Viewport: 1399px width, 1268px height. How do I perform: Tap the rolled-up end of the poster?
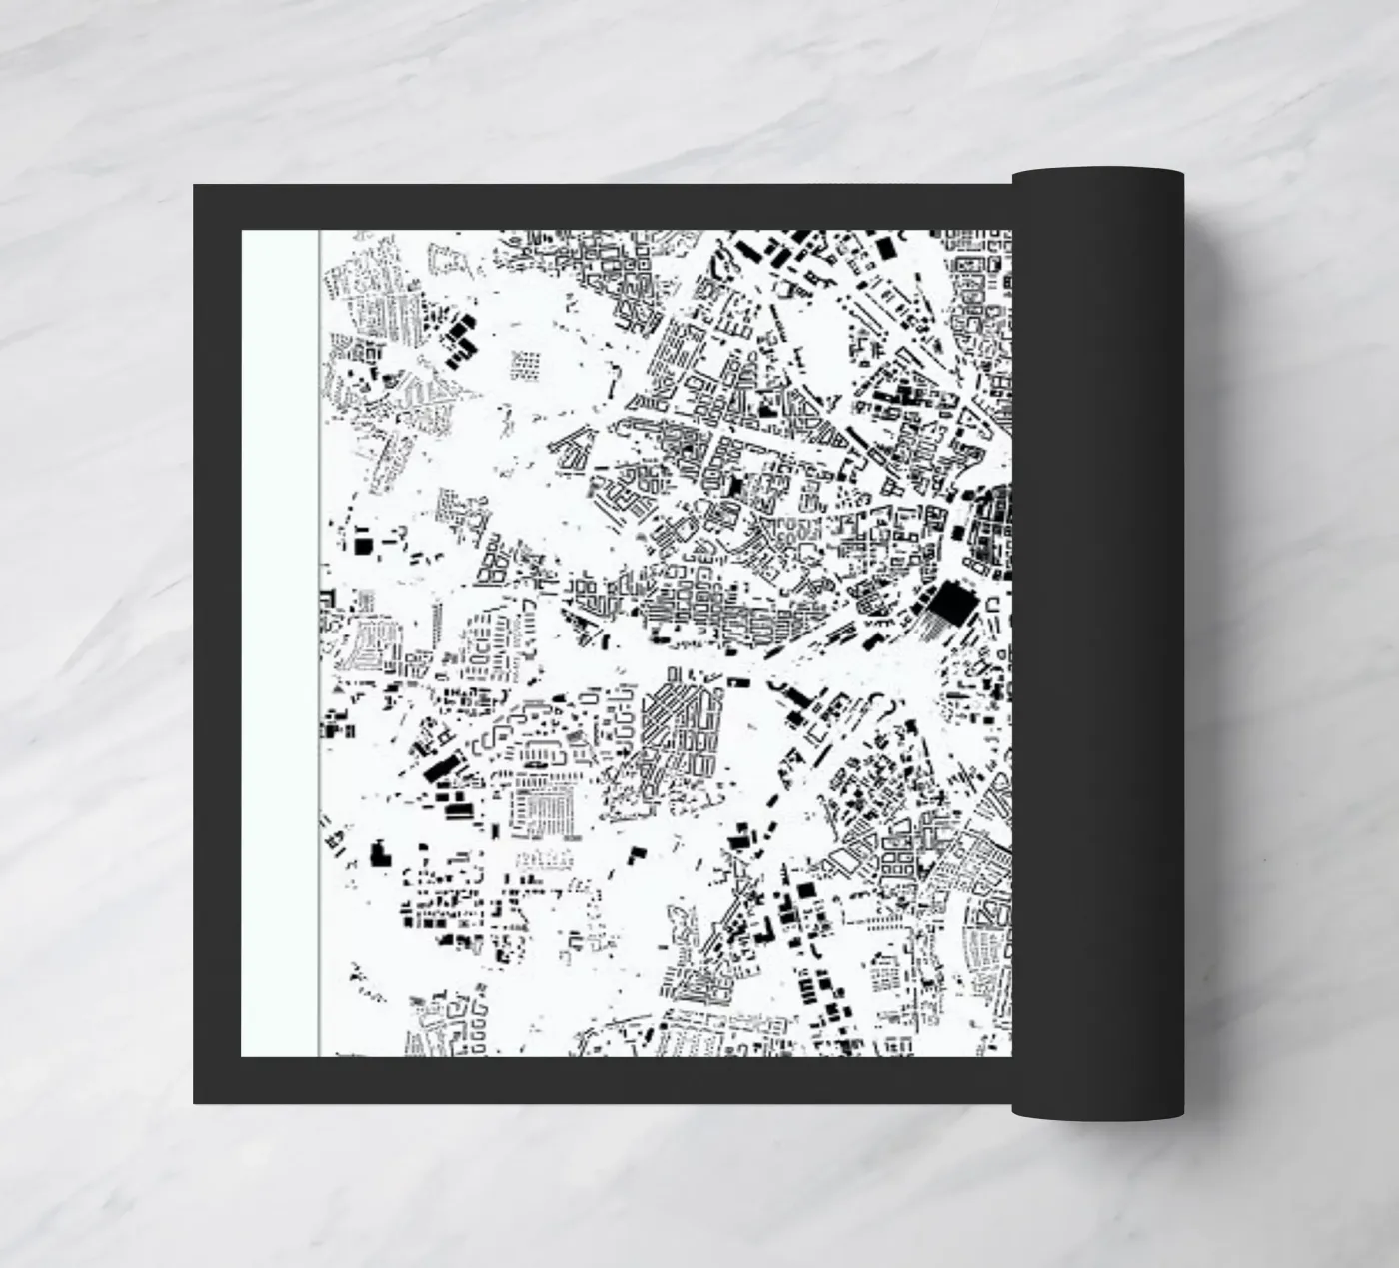point(1098,644)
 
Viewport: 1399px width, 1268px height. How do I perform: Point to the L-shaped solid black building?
point(636,854)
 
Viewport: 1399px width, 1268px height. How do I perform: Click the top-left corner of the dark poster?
point(195,186)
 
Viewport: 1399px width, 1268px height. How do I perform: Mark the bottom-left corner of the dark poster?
point(195,1102)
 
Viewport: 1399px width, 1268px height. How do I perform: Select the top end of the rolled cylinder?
point(1097,176)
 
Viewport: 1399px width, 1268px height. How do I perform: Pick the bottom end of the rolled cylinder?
point(1097,1111)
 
